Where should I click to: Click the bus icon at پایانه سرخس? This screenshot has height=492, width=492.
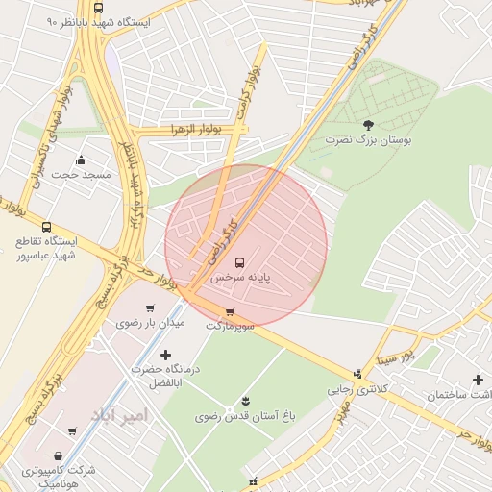pyautogui.click(x=239, y=261)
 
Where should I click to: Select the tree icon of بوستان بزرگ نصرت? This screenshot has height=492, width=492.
pyautogui.click(x=368, y=124)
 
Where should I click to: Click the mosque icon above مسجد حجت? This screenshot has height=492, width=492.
pyautogui.click(x=81, y=160)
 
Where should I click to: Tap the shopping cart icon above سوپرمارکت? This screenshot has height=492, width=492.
pyautogui.click(x=230, y=312)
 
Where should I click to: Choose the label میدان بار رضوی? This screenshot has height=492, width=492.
pyautogui.click(x=150, y=323)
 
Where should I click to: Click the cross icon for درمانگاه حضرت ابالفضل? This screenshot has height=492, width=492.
pyautogui.click(x=165, y=356)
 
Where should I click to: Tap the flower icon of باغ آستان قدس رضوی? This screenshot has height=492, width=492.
pyautogui.click(x=245, y=400)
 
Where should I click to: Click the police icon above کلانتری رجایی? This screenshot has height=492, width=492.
pyautogui.click(x=357, y=374)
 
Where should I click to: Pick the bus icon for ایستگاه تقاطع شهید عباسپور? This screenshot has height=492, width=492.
pyautogui.click(x=46, y=226)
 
